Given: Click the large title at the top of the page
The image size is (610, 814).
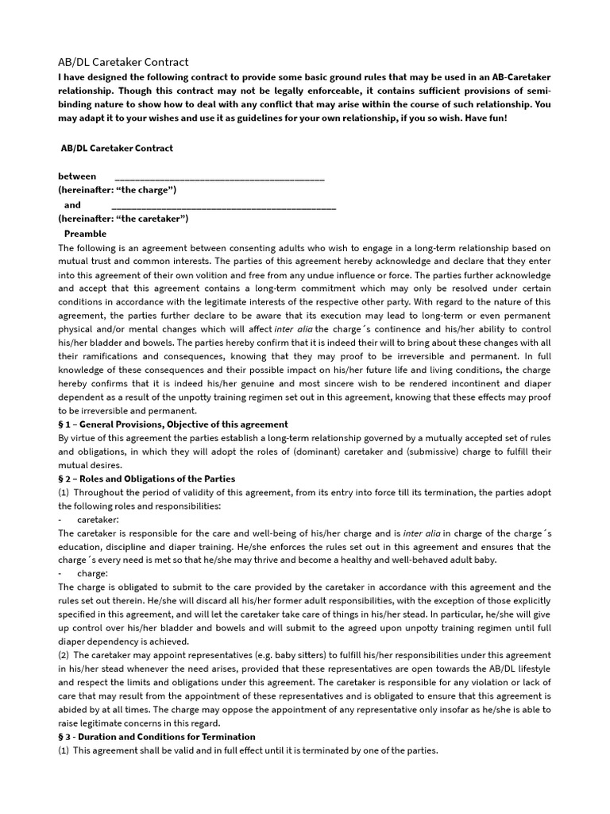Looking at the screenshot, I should click(123, 62).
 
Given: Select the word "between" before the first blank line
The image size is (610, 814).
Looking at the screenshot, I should click(77, 176).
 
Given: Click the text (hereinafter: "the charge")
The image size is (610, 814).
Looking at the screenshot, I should click(117, 190).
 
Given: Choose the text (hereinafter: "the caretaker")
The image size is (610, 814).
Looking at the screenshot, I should click(123, 219).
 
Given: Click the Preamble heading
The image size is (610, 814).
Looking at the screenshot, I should click(85, 234).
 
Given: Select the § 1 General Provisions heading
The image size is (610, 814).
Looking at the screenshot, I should click(173, 424).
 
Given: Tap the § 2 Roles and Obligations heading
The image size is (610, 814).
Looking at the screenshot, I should click(146, 479).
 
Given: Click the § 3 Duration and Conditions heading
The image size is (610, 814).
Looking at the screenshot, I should click(156, 737).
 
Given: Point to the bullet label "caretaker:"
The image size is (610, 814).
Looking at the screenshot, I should click(98, 519).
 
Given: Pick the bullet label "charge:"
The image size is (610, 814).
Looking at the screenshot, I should click(92, 573).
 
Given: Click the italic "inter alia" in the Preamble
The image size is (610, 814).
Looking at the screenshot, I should click(294, 329).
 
